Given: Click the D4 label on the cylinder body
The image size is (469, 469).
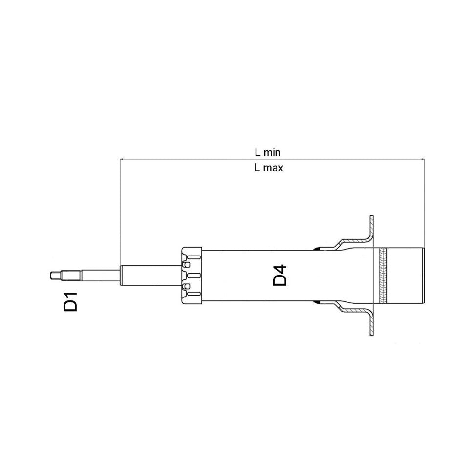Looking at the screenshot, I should click(x=279, y=275).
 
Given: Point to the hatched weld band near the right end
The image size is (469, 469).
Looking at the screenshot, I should click(x=383, y=276).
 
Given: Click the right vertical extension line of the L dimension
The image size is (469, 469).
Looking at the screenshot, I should click(x=425, y=205).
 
